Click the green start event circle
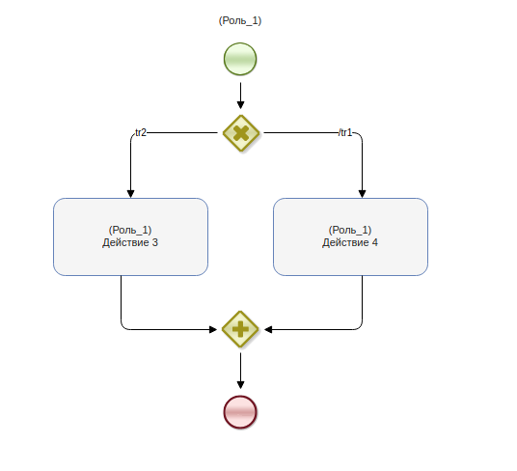click(240, 59)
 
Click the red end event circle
click(240, 412)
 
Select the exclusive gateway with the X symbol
click(241, 133)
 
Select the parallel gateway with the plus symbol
click(240, 329)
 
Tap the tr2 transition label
click(141, 132)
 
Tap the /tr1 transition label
click(345, 132)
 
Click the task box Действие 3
click(130, 236)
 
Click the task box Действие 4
click(350, 236)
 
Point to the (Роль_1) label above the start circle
click(240, 21)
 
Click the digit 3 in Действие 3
click(155, 243)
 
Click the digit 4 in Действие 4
click(375, 243)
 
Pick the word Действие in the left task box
click(125, 243)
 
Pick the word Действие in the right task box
click(345, 243)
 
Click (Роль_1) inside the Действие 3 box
click(130, 230)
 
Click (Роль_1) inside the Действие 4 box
click(350, 230)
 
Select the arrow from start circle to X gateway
click(241, 96)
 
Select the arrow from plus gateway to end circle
click(241, 371)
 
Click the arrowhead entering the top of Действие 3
click(130, 194)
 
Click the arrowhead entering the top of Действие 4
click(363, 194)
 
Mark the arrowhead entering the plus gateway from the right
click(268, 329)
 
